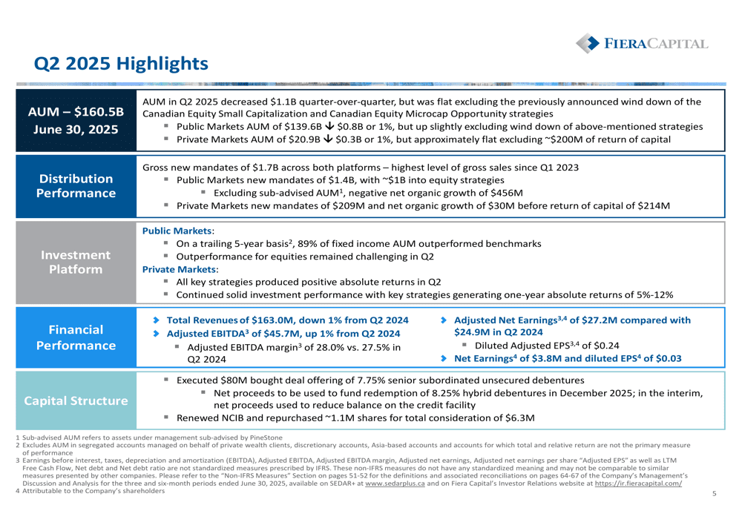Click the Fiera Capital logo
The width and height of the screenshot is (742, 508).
[642, 44]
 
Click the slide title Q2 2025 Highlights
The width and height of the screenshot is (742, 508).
[121, 63]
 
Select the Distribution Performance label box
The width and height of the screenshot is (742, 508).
[76, 186]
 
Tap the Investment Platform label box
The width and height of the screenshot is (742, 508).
[76, 262]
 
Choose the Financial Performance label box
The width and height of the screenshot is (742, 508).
[76, 337]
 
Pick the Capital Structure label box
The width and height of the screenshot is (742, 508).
[76, 400]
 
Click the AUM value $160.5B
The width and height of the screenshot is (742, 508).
[99, 112]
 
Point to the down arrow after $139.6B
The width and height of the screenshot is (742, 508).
[330, 126]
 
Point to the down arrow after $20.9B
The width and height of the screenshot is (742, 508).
[328, 139]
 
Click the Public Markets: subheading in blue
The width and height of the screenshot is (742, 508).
[178, 231]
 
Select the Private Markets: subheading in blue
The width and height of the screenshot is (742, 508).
[180, 269]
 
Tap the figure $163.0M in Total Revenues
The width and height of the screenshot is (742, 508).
[272, 320]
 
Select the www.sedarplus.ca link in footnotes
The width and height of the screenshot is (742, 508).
[395, 484]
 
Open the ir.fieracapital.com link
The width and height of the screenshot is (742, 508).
[638, 484]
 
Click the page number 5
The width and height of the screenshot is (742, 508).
[715, 493]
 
